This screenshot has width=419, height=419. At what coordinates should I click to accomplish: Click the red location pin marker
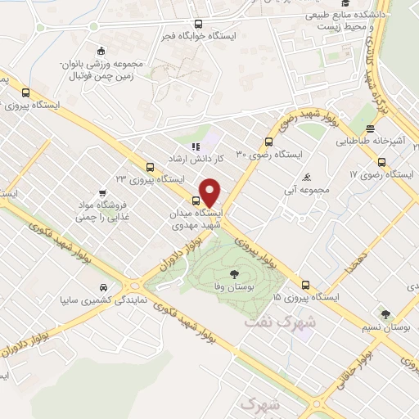(210, 191)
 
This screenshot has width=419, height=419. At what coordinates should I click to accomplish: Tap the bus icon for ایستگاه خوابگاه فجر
(197, 24)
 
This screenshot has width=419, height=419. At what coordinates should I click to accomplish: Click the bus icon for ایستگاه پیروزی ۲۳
(148, 166)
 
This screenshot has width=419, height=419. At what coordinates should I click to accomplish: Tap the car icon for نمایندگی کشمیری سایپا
(103, 287)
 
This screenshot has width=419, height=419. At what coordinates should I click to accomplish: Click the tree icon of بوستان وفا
(235, 275)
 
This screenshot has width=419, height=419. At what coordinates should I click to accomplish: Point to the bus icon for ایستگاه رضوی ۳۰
(269, 141)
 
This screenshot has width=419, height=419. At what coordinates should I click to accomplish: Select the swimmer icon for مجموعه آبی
(306, 177)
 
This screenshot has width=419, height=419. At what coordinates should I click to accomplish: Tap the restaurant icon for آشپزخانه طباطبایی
(371, 128)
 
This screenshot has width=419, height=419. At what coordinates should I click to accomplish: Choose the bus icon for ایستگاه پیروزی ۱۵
(305, 285)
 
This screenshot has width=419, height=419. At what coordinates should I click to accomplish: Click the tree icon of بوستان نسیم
(384, 313)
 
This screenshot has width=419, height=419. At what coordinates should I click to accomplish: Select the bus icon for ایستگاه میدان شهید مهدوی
(197, 200)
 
